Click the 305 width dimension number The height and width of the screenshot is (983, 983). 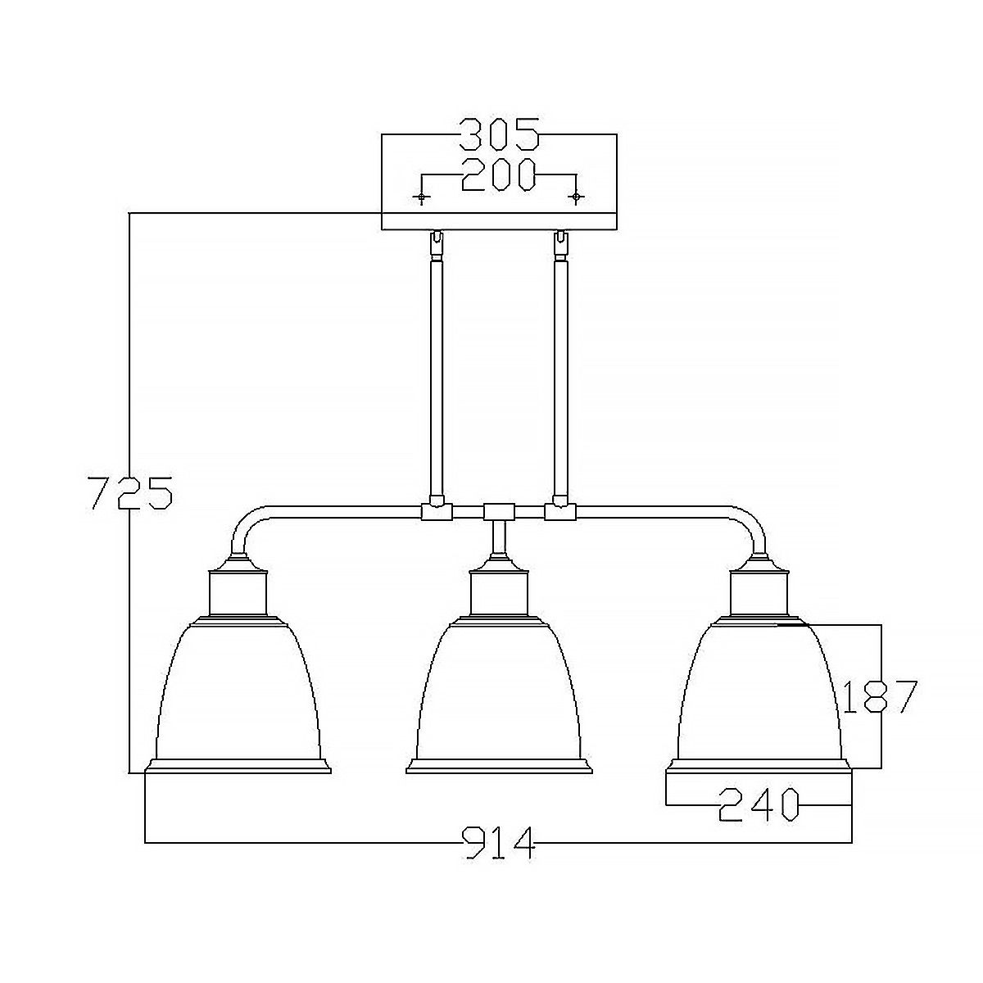coord(499,134)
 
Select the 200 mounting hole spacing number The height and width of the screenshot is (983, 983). coord(499,174)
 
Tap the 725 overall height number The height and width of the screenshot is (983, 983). coord(130,492)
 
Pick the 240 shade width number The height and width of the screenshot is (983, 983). coord(758,804)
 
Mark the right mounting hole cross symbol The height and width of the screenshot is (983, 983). coord(577,197)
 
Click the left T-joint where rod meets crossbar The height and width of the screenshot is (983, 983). coord(435,512)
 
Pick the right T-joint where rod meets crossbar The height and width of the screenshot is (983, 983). coord(560,512)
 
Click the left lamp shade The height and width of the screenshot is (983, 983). coord(238,696)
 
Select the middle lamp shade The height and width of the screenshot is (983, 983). coord(499,696)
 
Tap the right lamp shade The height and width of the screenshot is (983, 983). coord(759,696)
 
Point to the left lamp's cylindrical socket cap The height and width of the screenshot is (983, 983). coord(238,593)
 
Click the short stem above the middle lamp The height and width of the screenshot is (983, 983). coord(498,539)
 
